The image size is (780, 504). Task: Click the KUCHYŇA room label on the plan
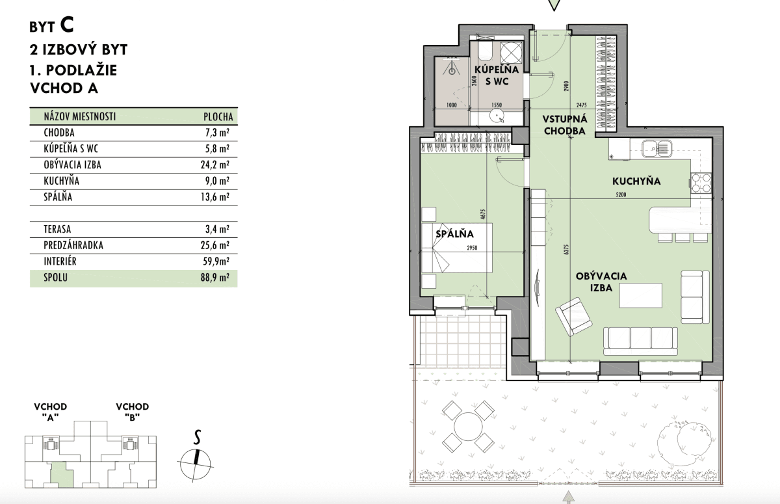pyautogui.click(x=636, y=181)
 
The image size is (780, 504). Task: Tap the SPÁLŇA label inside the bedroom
pyautogui.click(x=454, y=233)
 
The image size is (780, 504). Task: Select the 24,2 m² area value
pyautogui.click(x=215, y=165)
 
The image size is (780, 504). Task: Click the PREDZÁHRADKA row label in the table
pyautogui.click(x=73, y=245)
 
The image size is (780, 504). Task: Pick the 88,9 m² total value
pyautogui.click(x=215, y=278)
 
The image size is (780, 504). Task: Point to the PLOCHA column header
pyautogui.click(x=218, y=116)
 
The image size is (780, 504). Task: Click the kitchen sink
pyautogui.click(x=656, y=149)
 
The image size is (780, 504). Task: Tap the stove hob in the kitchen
pyautogui.click(x=701, y=183)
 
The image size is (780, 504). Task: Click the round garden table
pyautogui.click(x=469, y=427)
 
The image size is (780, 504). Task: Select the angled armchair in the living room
pyautogui.click(x=573, y=316)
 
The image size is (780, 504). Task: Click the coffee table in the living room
pyautogui.click(x=640, y=295)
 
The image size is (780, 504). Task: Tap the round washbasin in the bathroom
pyautogui.click(x=497, y=116)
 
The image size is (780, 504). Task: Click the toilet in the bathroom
pyautogui.click(x=485, y=52)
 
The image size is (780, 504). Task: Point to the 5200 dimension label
pyautogui.click(x=621, y=195)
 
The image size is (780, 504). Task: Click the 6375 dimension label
pyautogui.click(x=566, y=249)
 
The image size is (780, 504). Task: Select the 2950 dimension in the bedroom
pyautogui.click(x=472, y=248)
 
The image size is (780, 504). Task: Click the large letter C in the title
pyautogui.click(x=67, y=25)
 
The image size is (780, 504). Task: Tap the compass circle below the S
pyautogui.click(x=196, y=464)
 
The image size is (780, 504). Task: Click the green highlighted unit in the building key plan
pyautogui.click(x=62, y=474)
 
